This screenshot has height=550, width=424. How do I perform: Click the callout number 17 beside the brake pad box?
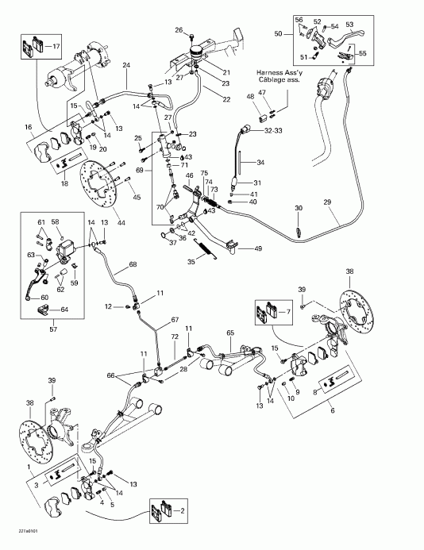pyautogui.click(x=55, y=47)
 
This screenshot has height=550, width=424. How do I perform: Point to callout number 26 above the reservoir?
pyautogui.click(x=179, y=31)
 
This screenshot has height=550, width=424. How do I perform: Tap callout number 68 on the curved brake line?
pyautogui.click(x=133, y=264)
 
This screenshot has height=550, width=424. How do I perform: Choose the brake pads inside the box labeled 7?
pyautogui.click(x=261, y=314)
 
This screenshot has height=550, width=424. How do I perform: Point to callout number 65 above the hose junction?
pyautogui.click(x=230, y=333)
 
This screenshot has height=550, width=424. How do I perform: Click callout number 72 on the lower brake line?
pyautogui.click(x=175, y=338)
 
